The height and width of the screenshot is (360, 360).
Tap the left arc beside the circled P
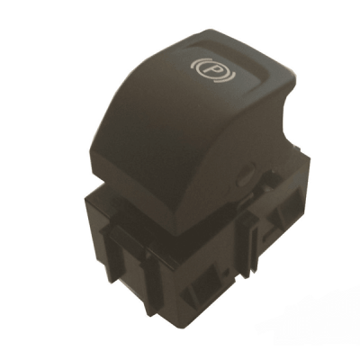[x=193, y=65]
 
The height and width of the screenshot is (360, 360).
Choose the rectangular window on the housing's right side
[x=284, y=204]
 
